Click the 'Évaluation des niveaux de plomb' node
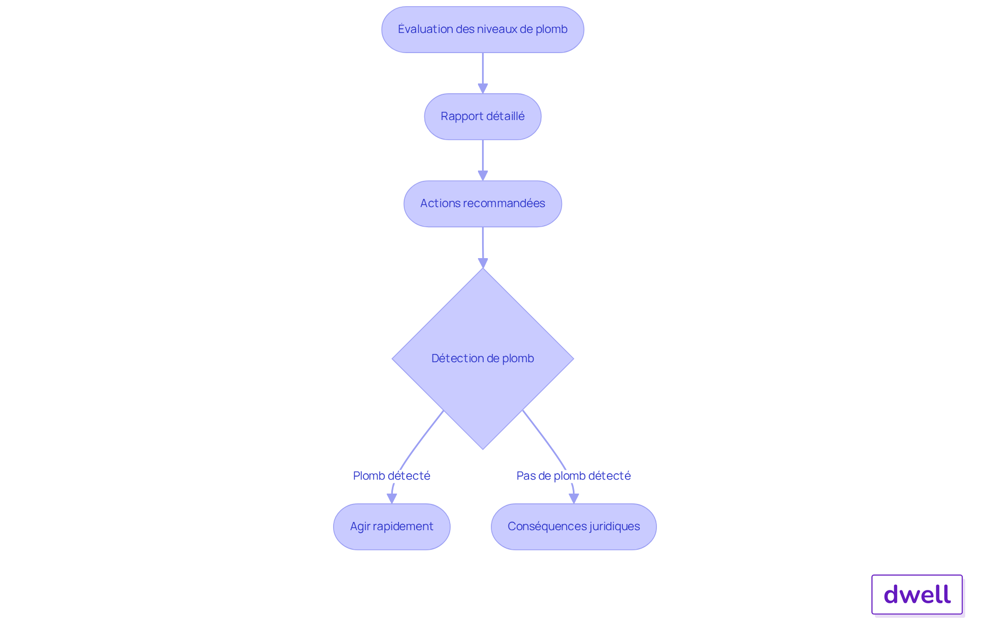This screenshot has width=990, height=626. [x=483, y=29]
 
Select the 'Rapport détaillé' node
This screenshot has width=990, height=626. [x=483, y=116]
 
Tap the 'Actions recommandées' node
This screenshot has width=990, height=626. [x=483, y=204]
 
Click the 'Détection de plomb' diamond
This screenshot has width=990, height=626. [x=483, y=359]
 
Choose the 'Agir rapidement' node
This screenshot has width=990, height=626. [x=391, y=527]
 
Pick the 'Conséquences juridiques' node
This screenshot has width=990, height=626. [x=573, y=527]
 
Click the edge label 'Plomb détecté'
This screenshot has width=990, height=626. [x=391, y=476]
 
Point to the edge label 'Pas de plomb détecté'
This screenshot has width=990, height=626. [x=573, y=476]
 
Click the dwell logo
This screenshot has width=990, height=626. [x=917, y=595]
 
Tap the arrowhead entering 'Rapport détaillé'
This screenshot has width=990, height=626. [x=483, y=89]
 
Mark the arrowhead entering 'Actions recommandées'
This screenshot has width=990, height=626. [x=483, y=176]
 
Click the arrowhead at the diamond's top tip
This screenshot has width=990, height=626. [x=483, y=263]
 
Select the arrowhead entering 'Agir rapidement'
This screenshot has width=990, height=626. [x=392, y=498]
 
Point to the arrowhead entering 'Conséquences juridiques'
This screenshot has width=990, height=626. [x=573, y=498]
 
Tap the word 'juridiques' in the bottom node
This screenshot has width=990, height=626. [x=615, y=527]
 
